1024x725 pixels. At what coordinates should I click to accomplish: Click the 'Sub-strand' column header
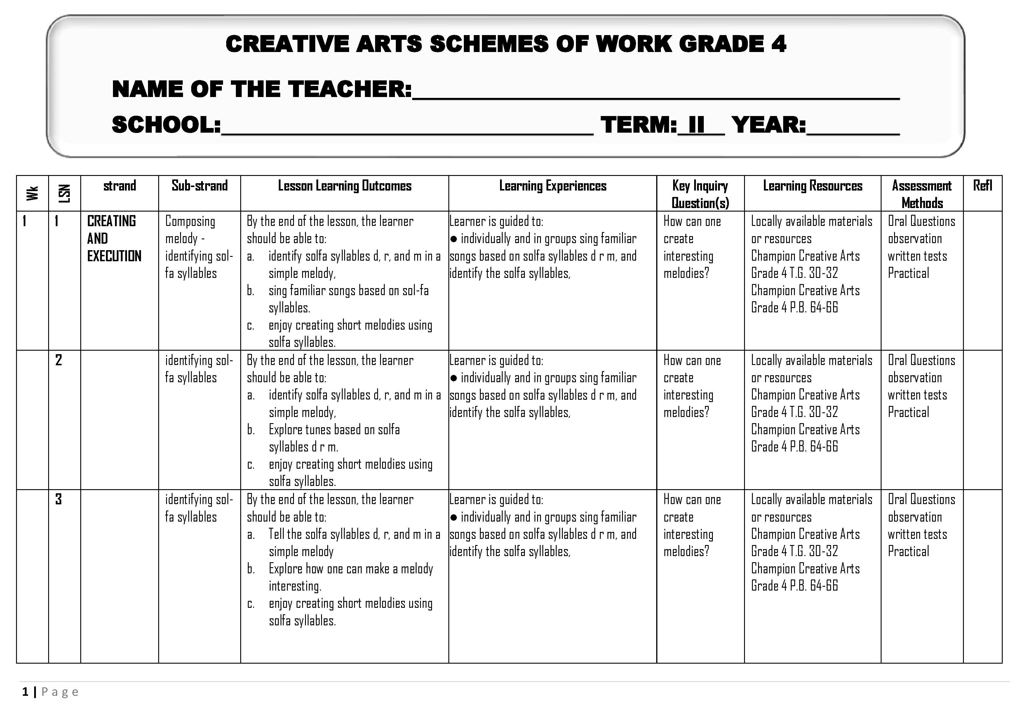pyautogui.click(x=199, y=186)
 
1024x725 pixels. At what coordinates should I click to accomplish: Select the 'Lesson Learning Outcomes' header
pyautogui.click(x=344, y=186)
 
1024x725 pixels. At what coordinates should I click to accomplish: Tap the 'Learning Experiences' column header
pyautogui.click(x=553, y=186)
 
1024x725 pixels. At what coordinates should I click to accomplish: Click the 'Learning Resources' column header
pyautogui.click(x=813, y=186)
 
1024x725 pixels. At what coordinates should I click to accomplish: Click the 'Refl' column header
pyautogui.click(x=983, y=186)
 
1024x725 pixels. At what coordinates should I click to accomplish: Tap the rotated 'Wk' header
pyautogui.click(x=32, y=193)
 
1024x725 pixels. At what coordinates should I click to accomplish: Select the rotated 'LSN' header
pyautogui.click(x=65, y=193)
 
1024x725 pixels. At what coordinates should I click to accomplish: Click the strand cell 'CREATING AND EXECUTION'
pyautogui.click(x=114, y=238)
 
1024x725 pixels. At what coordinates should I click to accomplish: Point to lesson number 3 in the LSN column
pyautogui.click(x=58, y=499)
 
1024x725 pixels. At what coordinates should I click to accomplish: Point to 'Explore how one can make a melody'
pyautogui.click(x=351, y=569)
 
